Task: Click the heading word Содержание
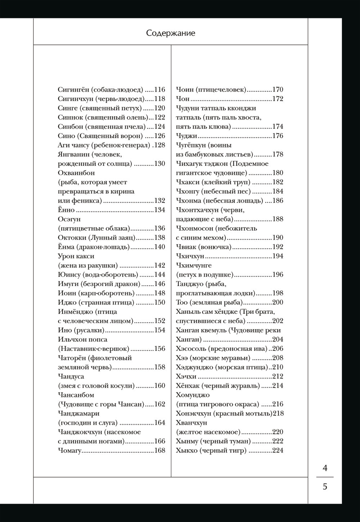(x=171, y=33)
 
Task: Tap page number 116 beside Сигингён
(x=159, y=90)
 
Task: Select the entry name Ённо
(x=66, y=210)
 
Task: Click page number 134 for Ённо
(x=159, y=210)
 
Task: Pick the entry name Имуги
(x=68, y=284)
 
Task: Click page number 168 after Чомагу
(x=159, y=450)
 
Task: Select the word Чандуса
(x=71, y=376)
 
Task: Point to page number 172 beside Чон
(x=278, y=99)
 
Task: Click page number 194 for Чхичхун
(x=278, y=256)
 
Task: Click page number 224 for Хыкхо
(x=278, y=450)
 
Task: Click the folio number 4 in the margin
(x=325, y=468)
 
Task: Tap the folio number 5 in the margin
(x=325, y=487)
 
